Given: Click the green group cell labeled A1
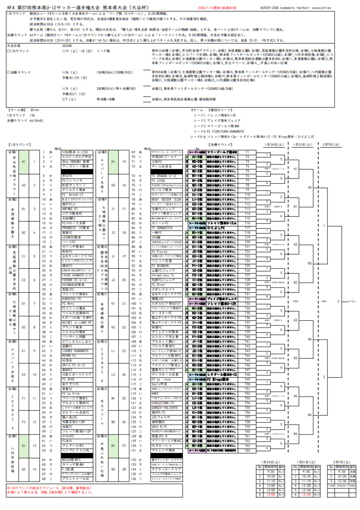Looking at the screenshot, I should pyautogui.click(x=24, y=161).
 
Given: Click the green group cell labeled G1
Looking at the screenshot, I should pyautogui.click(x=24, y=445).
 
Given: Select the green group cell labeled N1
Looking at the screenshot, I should pyautogui.click(x=113, y=445).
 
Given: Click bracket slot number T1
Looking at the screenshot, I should pyautogui.click(x=247, y=152).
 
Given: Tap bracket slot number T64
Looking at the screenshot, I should pyautogui.click(x=247, y=450).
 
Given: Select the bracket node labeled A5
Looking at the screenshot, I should pyautogui.click(x=310, y=188).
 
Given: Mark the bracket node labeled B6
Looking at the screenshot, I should pyautogui.click(x=310, y=415).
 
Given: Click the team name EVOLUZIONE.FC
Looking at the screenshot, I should pyautogui.click(x=163, y=403).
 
